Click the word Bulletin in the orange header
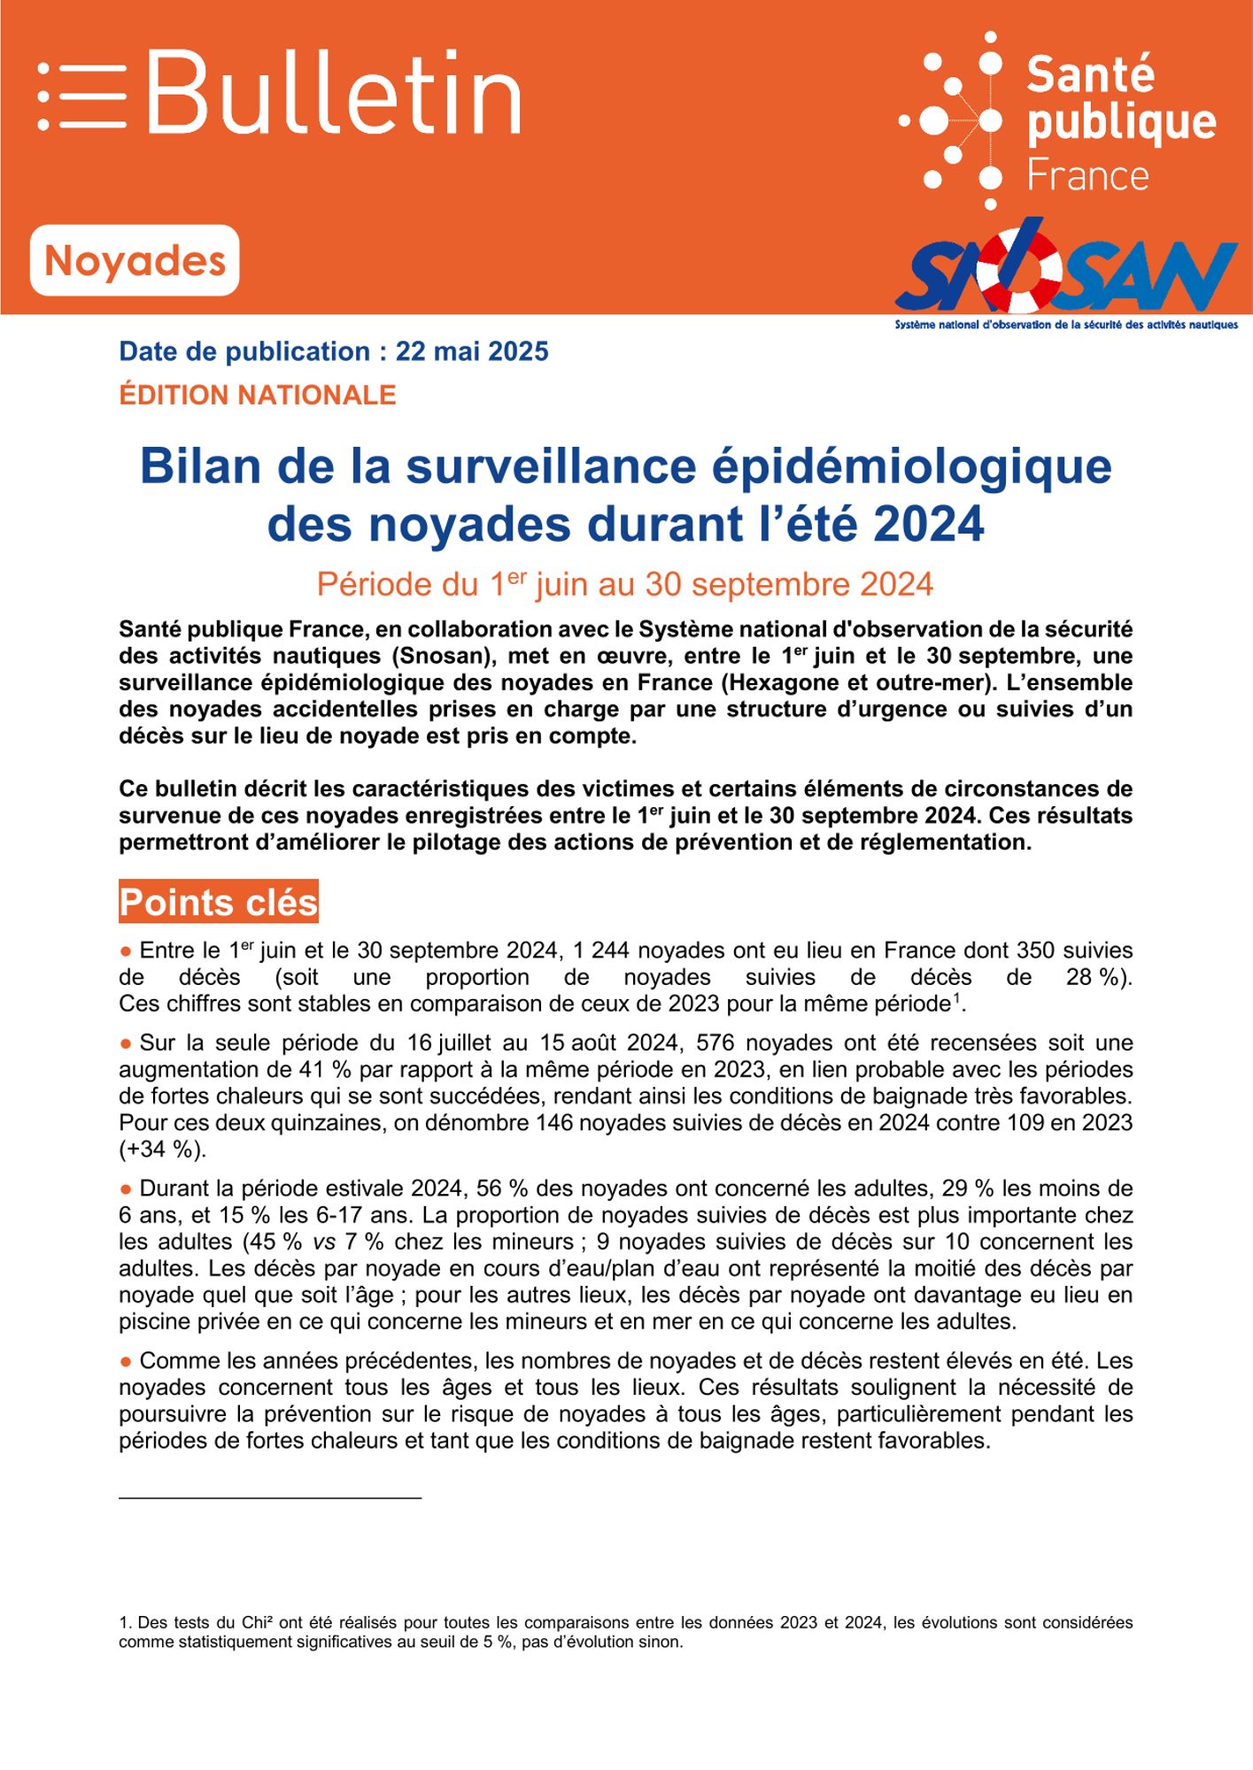pyautogui.click(x=334, y=93)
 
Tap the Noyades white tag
pyautogui.click(x=135, y=261)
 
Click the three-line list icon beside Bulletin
pyautogui.click(x=81, y=96)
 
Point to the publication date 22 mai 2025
pyautogui.click(x=472, y=351)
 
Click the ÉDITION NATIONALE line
pyautogui.click(x=258, y=395)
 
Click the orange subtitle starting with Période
pyautogui.click(x=625, y=584)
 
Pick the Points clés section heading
pyautogui.click(x=219, y=902)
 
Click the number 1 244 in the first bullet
pyautogui.click(x=601, y=950)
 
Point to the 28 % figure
pyautogui.click(x=1098, y=977)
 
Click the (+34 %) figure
pyautogui.click(x=163, y=1149)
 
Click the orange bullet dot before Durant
pyautogui.click(x=126, y=1189)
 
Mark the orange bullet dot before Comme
pyautogui.click(x=126, y=1360)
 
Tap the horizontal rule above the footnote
pyautogui.click(x=270, y=1498)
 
